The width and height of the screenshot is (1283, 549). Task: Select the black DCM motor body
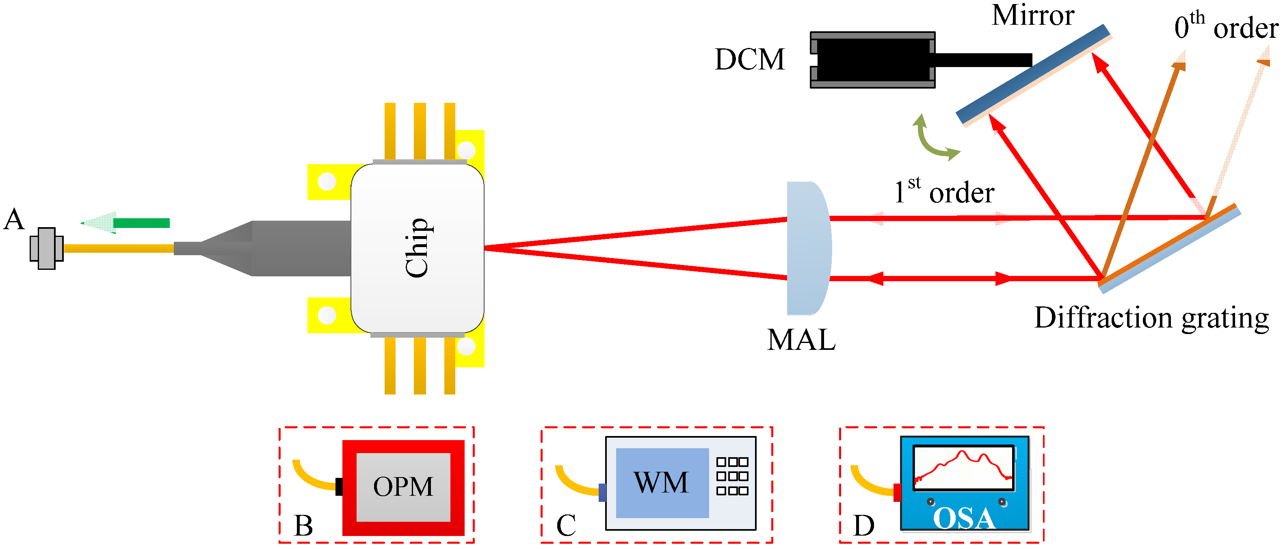(x=872, y=60)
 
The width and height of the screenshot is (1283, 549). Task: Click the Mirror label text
(x=1032, y=16)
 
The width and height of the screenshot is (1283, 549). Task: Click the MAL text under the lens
(x=801, y=340)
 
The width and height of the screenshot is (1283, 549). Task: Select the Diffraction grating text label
(x=1151, y=318)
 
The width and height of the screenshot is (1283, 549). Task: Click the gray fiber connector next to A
(x=46, y=248)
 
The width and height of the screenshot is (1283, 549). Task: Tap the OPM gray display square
(x=403, y=487)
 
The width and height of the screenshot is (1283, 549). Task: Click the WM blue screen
(x=662, y=482)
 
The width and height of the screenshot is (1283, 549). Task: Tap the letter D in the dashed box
(x=863, y=525)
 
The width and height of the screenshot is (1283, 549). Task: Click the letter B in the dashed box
(x=303, y=525)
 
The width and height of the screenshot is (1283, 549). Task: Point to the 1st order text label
(x=944, y=192)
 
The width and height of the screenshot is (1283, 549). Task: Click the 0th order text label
(x=1225, y=27)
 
